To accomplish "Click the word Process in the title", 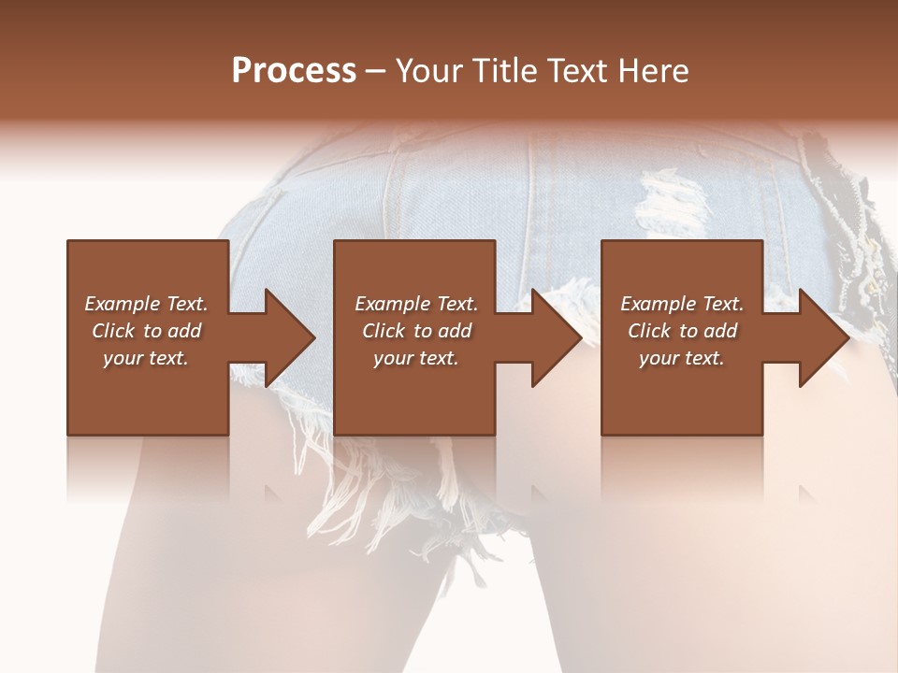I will pyautogui.click(x=294, y=71).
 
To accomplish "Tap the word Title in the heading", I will pyautogui.click(x=507, y=71).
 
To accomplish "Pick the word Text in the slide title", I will pyautogui.click(x=581, y=71).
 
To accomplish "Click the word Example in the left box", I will pyautogui.click(x=121, y=304).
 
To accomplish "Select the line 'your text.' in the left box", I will pyautogui.click(x=146, y=358).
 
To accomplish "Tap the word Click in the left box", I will pyautogui.click(x=114, y=331).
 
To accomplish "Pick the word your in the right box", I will pyautogui.click(x=659, y=358).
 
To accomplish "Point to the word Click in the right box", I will pyautogui.click(x=650, y=331).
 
